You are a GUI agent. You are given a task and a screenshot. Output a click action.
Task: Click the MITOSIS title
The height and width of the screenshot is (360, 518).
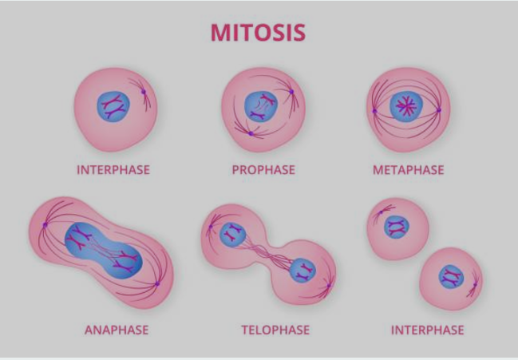[x=258, y=32]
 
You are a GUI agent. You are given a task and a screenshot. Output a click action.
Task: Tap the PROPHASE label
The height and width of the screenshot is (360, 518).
[x=263, y=170]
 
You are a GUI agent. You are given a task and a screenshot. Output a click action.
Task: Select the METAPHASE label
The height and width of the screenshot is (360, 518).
[x=408, y=170]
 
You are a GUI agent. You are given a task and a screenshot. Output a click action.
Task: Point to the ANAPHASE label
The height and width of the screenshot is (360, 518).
[x=117, y=330]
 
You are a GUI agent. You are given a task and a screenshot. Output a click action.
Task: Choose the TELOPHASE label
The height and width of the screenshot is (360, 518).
[x=275, y=330]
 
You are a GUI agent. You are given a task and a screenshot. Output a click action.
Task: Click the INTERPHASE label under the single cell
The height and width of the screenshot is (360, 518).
[x=113, y=170]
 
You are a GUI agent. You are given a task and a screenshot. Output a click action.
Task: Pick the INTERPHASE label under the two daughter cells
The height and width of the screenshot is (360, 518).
[x=427, y=330]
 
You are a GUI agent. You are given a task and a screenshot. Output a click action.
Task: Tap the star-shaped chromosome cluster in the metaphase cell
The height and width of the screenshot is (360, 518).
[x=407, y=107]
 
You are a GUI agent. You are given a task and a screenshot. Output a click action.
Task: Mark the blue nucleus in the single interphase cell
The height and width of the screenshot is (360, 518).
[x=114, y=106]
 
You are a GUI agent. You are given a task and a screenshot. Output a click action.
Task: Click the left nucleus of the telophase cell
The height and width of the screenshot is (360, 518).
[x=233, y=235]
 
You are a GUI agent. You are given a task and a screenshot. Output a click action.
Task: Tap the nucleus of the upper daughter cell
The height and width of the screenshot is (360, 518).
[x=396, y=227]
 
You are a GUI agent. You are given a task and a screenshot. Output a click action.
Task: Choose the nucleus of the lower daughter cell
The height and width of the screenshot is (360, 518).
[x=451, y=278]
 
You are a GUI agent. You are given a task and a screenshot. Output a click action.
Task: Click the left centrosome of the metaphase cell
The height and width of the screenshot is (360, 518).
[x=374, y=110]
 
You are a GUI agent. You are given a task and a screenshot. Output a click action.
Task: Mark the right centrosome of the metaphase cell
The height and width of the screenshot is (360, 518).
[x=439, y=109]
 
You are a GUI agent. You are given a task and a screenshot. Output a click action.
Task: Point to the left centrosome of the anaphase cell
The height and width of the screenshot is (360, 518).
[x=45, y=225]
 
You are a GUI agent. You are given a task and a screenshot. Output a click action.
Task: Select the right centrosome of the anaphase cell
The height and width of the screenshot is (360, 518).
[x=157, y=283]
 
